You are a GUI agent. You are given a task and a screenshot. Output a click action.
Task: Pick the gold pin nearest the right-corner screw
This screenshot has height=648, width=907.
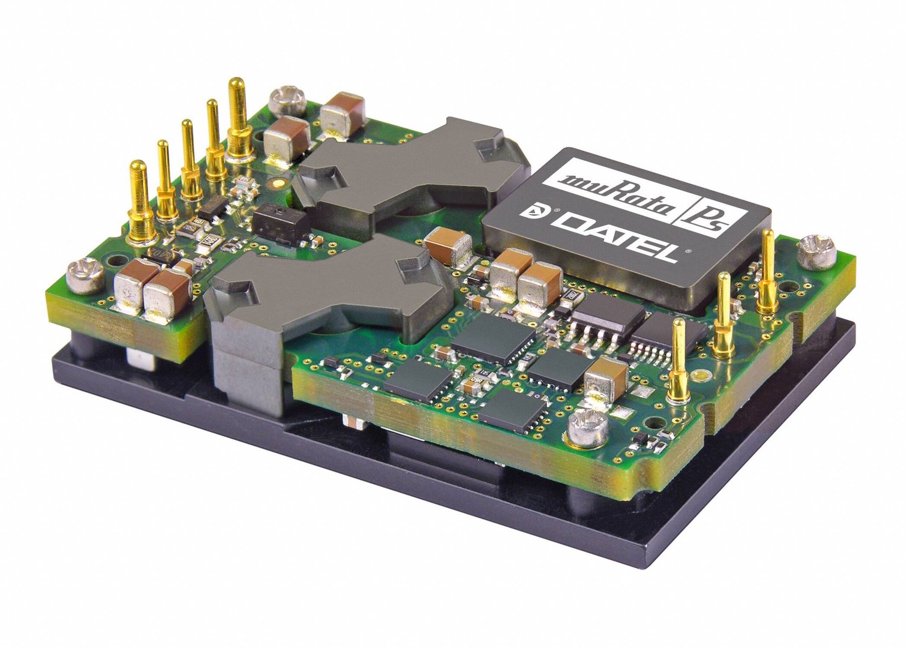(767, 270)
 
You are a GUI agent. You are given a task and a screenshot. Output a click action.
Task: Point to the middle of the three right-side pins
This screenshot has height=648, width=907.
(724, 312)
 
